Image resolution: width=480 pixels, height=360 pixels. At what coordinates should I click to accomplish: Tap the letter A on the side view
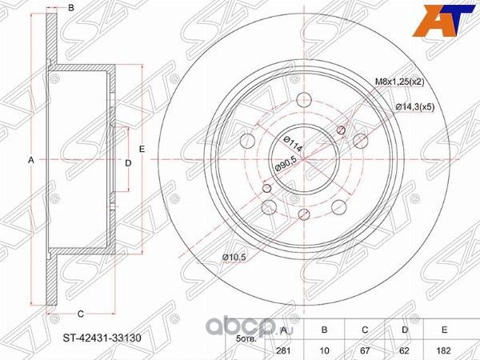pos(31,161)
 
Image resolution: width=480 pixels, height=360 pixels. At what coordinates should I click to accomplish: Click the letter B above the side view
pos(70,8)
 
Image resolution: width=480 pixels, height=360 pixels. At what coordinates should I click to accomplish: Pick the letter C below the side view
pos(81,313)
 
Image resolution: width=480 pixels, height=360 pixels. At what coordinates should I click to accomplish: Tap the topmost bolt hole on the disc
pos(305,102)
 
